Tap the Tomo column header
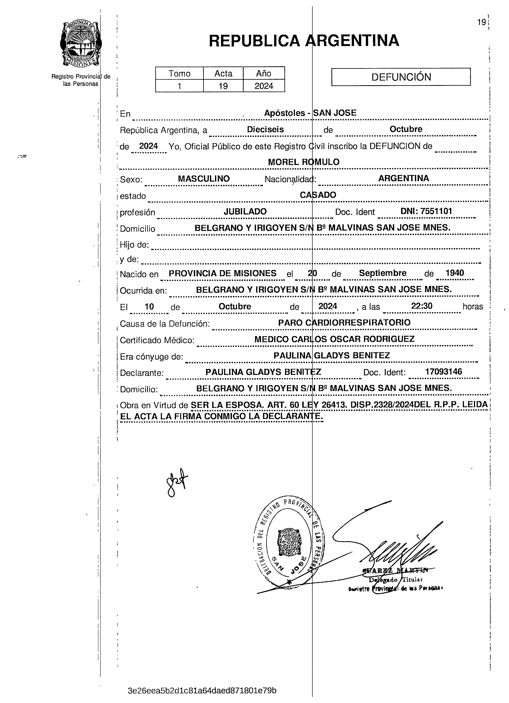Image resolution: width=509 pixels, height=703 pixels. (x=179, y=74)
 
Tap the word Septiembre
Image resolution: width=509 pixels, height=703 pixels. (x=382, y=273)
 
